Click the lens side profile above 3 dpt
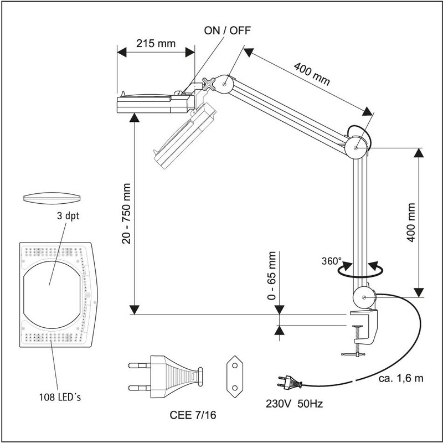pos(53,198)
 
